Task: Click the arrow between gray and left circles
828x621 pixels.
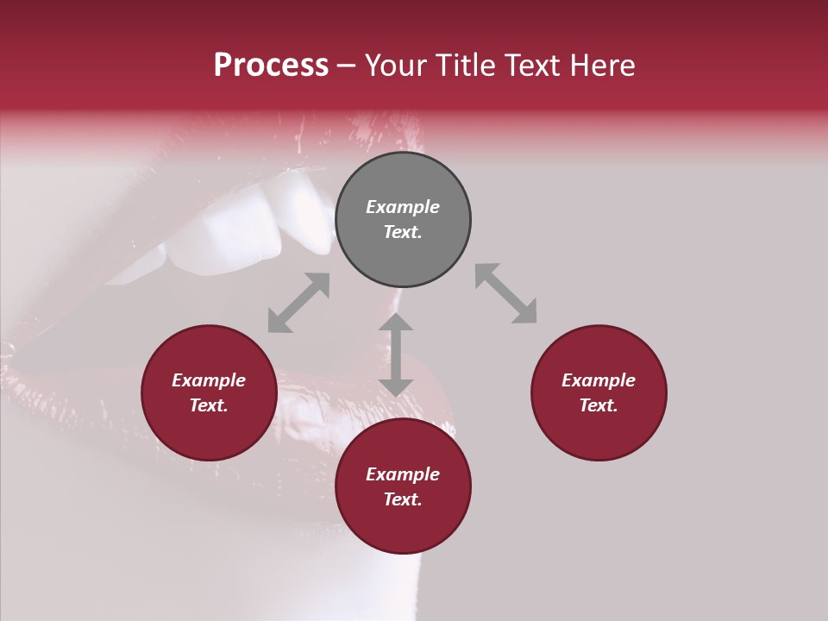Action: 298,303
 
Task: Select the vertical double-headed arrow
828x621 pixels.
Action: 396,354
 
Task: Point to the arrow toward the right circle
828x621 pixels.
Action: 505,293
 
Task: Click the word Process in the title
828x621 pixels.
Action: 271,66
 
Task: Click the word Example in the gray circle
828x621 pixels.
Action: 403,207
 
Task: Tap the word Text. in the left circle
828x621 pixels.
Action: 209,405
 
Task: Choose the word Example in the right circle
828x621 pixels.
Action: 599,380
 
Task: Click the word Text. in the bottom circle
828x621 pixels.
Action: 403,499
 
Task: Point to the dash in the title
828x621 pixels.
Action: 347,66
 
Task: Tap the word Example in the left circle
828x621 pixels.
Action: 209,380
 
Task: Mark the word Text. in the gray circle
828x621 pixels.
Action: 403,232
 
